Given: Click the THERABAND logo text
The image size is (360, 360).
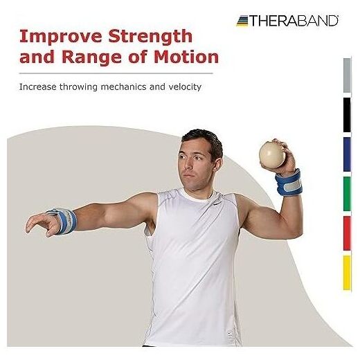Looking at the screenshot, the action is pyautogui.click(x=294, y=21).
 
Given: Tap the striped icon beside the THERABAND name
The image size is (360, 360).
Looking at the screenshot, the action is pyautogui.click(x=242, y=21).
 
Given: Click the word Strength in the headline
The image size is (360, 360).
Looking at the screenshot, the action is pyautogui.click(x=150, y=37).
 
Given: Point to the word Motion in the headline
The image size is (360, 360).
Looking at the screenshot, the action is pyautogui.click(x=186, y=57).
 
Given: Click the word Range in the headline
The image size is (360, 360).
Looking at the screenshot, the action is pyautogui.click(x=91, y=57).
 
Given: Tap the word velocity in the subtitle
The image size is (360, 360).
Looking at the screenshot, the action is pyautogui.click(x=185, y=87).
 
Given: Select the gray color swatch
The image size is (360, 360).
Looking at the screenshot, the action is pyautogui.click(x=347, y=75).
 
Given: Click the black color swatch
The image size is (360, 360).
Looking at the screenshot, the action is pyautogui.click(x=347, y=115).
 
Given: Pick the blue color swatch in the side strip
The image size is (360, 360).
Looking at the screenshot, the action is pyautogui.click(x=347, y=154).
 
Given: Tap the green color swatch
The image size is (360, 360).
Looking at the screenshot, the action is pyautogui.click(x=347, y=194).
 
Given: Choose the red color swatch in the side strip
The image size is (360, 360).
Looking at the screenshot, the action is pyautogui.click(x=347, y=233).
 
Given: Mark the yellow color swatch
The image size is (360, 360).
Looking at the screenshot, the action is pyautogui.click(x=347, y=273).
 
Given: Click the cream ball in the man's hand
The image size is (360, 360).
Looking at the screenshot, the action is pyautogui.click(x=272, y=155).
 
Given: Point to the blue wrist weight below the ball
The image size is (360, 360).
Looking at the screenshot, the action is pyautogui.click(x=289, y=183).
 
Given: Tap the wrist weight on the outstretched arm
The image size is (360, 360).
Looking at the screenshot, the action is pyautogui.click(x=63, y=221).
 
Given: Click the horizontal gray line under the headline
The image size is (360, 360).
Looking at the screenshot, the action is pyautogui.click(x=116, y=73).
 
